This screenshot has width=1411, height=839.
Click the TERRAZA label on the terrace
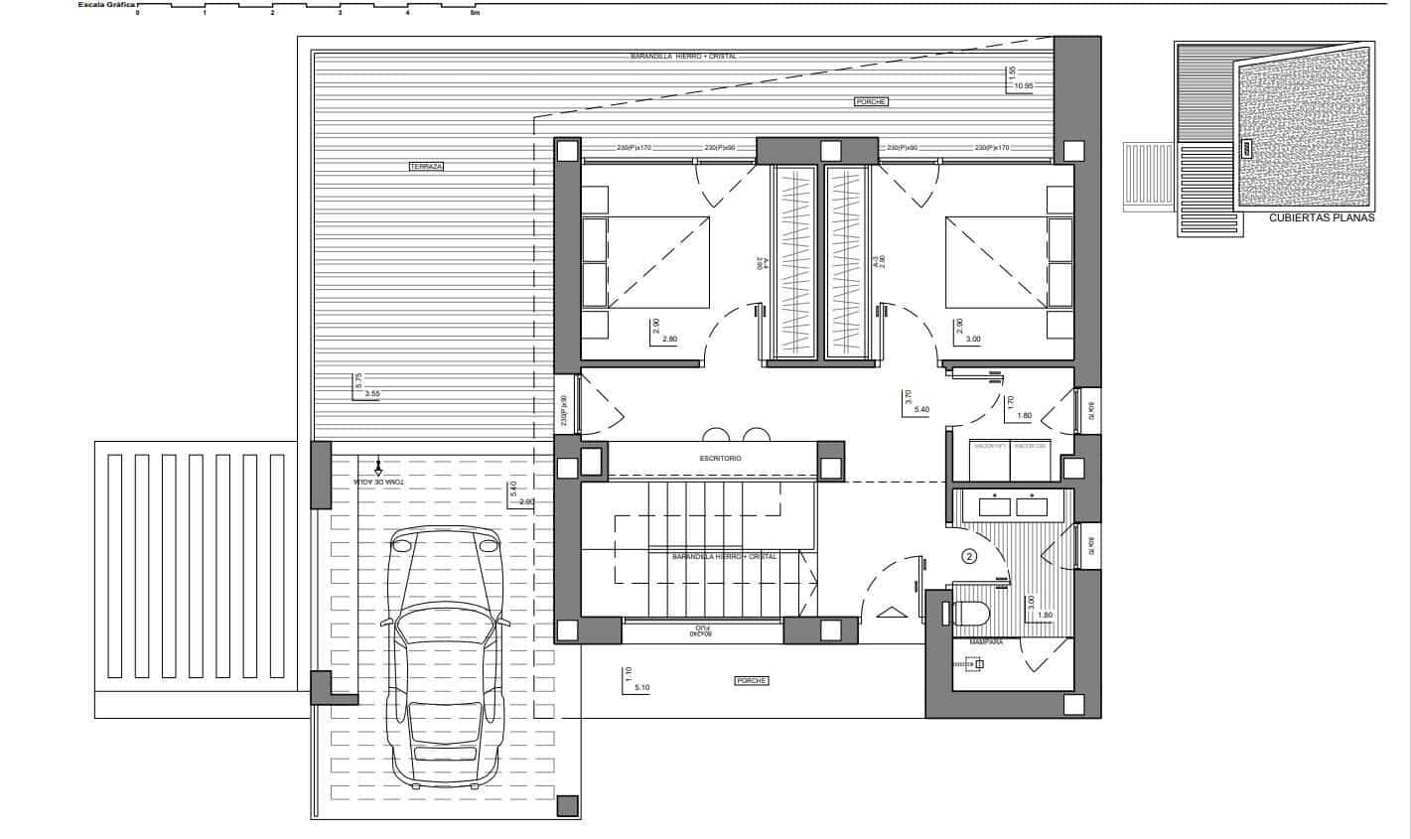coord(426,167)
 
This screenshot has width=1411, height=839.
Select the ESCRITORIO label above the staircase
coord(720,459)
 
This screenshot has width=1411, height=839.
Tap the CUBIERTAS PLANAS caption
coord(1321,218)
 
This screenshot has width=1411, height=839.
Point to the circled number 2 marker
coord(970,557)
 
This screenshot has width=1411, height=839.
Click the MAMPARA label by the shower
coord(985,642)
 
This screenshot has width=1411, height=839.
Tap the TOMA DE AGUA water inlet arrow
coord(378,465)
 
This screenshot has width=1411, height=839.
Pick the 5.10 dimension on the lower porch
coord(639,687)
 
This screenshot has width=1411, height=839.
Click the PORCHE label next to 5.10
coord(752,680)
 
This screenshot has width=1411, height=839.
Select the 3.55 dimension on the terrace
coord(372,394)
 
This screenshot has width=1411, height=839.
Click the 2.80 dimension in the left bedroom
coord(668,340)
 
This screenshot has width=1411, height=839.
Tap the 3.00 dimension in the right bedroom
coord(973,340)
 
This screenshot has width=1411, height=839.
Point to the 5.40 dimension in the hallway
coord(920,409)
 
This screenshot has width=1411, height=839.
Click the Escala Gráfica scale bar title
coord(107,4)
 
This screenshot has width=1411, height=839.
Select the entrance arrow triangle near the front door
coord(890,613)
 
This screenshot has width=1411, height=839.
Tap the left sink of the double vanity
coord(994,505)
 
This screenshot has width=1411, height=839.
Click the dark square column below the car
coord(567,805)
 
